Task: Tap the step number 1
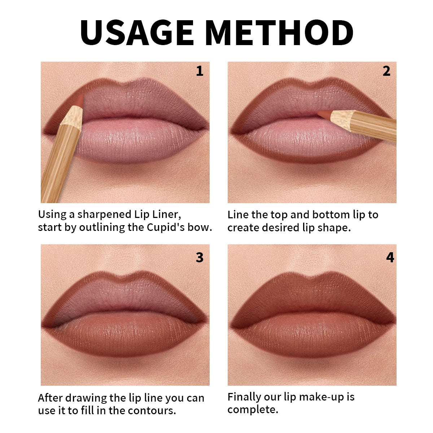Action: click(200, 71)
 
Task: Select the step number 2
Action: click(386, 71)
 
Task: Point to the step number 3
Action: click(200, 257)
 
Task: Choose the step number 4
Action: click(390, 257)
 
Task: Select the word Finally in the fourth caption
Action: click(241, 397)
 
